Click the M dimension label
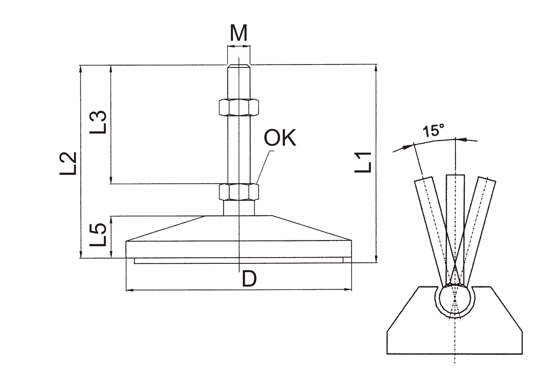[238, 33]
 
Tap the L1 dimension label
[363, 162]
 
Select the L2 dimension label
[68, 164]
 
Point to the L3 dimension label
[98, 122]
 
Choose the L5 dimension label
[98, 235]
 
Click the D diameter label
[249, 279]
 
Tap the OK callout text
[280, 138]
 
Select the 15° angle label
[433, 131]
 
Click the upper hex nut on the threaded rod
[239, 107]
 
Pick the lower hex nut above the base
[239, 192]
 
